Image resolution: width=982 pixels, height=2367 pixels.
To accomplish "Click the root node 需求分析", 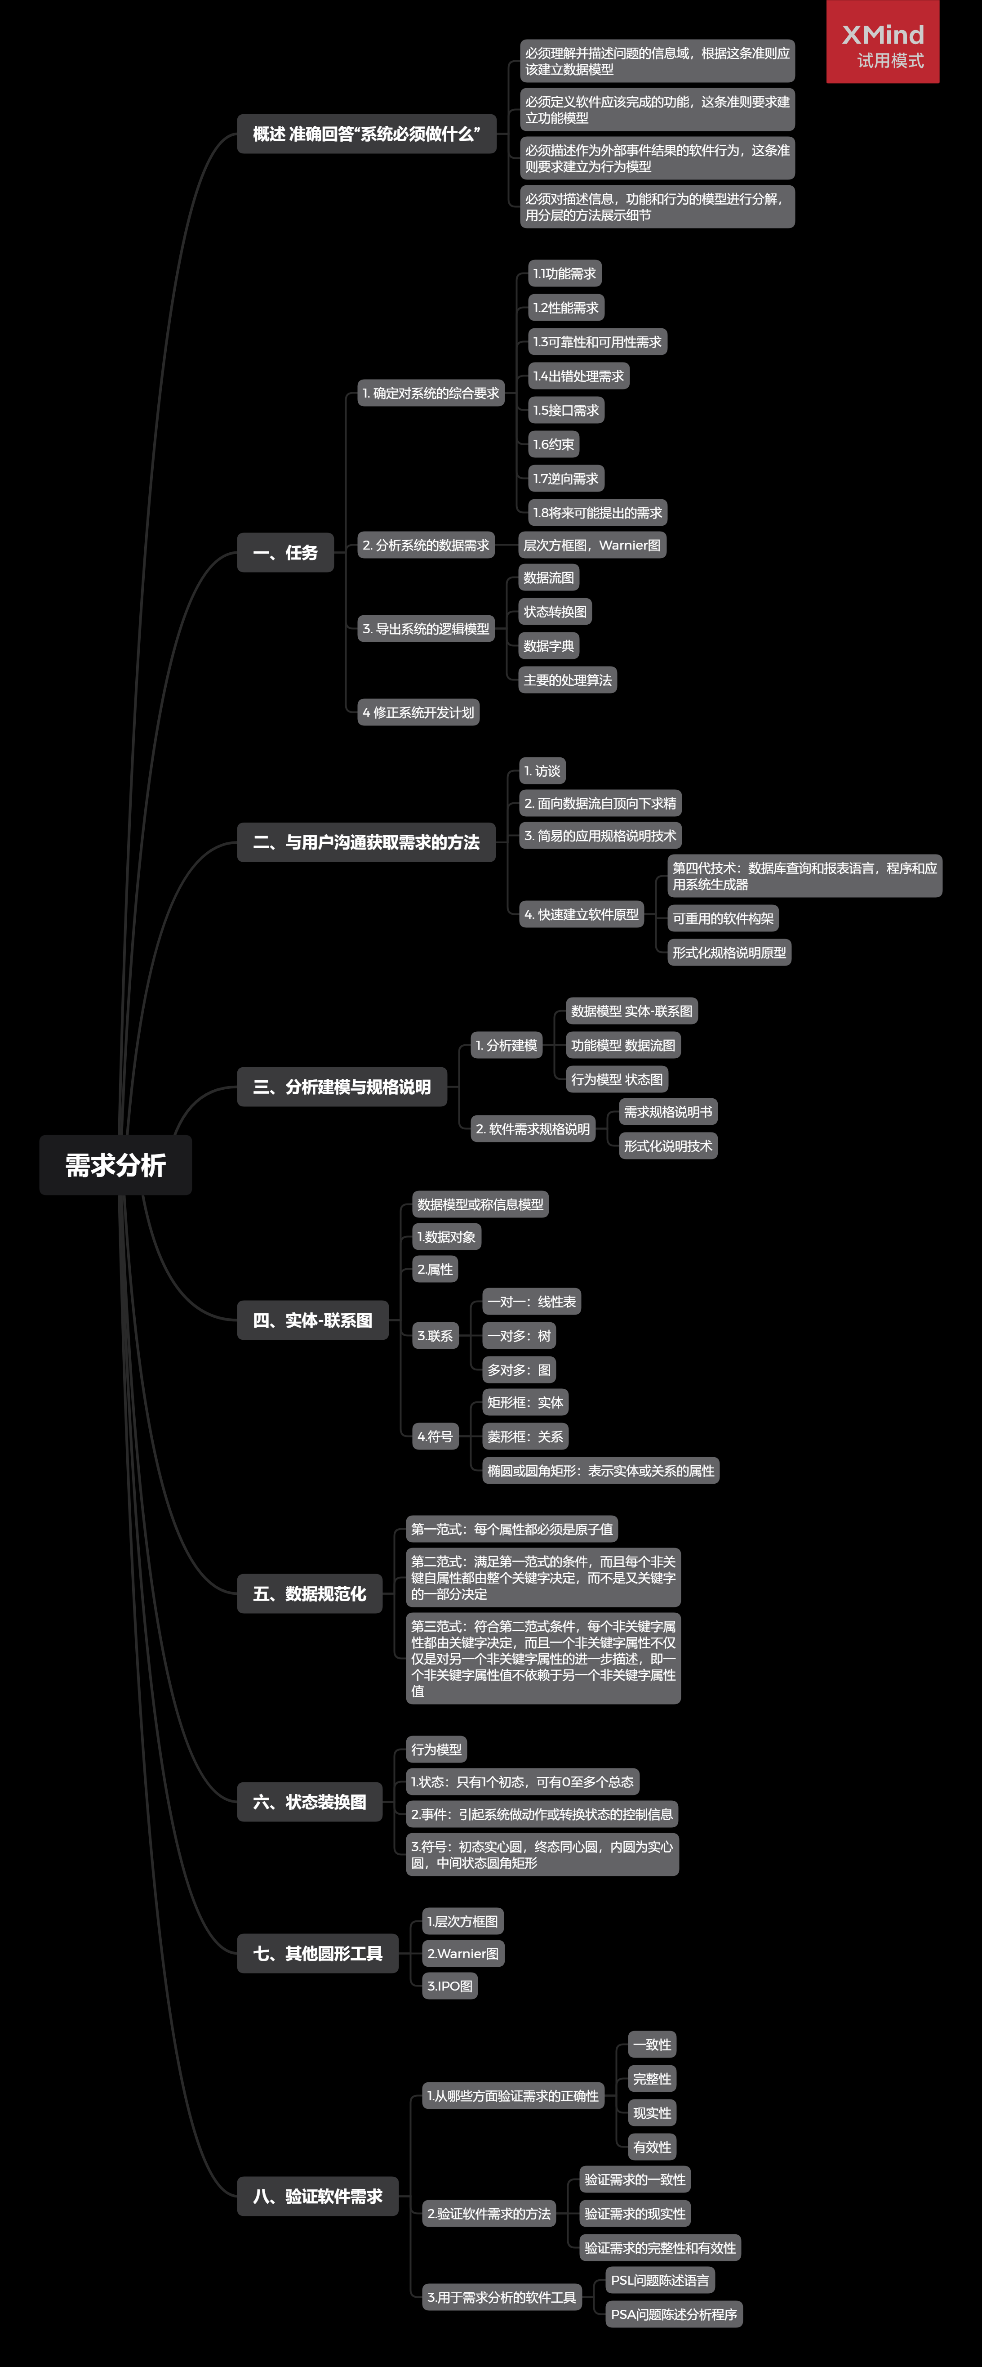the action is pyautogui.click(x=115, y=1165).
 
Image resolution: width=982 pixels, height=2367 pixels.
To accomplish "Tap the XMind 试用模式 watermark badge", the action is pyautogui.click(x=882, y=42).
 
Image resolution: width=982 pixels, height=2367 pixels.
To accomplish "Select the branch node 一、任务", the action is pyautogui.click(x=285, y=552).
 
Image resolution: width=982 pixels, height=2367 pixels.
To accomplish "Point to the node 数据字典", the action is pyautogui.click(x=548, y=646).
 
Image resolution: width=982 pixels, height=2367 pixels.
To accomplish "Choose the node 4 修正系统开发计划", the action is pyautogui.click(x=418, y=712).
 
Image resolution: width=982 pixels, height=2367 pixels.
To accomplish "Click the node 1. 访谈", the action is pyautogui.click(x=542, y=771).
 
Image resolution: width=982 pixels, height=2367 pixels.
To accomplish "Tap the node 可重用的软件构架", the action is pyautogui.click(x=723, y=918).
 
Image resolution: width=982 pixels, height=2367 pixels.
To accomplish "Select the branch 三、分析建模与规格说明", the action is pyautogui.click(x=342, y=1087).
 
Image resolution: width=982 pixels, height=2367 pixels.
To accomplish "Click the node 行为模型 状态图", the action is pyautogui.click(x=617, y=1079).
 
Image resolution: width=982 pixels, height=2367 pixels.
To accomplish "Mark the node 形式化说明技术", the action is pyautogui.click(x=668, y=1146).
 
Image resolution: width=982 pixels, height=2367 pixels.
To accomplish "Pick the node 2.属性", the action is pyautogui.click(x=435, y=1269).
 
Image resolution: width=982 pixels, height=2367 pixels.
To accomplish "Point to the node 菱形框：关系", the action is pyautogui.click(x=524, y=1436).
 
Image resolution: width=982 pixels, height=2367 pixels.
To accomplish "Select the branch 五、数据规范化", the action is pyautogui.click(x=310, y=1593).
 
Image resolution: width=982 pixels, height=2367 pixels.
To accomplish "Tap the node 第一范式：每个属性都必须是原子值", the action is pyautogui.click(x=511, y=1529).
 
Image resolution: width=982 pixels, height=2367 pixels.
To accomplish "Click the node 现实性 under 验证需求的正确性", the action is pyautogui.click(x=651, y=2112).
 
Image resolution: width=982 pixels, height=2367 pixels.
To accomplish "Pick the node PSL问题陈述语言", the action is pyautogui.click(x=660, y=2280).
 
